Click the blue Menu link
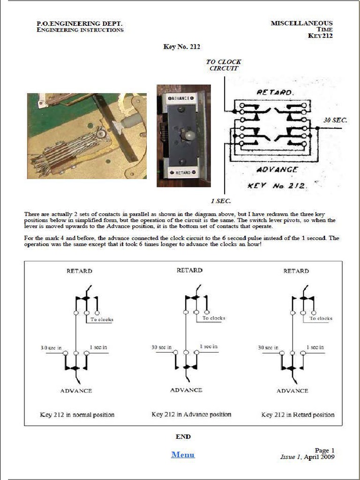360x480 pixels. pos(183,454)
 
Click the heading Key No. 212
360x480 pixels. pos(182,46)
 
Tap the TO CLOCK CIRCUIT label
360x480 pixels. pos(224,65)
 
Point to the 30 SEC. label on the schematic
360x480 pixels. pos(335,120)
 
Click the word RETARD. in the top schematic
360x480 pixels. pos(275,93)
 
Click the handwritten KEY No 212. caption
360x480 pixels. pos(277,186)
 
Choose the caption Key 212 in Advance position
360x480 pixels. pos(191,414)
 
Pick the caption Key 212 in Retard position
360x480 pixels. pos(298,414)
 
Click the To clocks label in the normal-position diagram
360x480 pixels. pos(102,319)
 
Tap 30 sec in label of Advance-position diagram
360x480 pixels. pos(162,347)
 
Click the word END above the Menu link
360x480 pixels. pos(183,436)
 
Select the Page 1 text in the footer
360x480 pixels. pos(324,450)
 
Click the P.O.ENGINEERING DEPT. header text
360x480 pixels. pos(80,23)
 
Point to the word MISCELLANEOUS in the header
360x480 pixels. pos(301,23)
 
